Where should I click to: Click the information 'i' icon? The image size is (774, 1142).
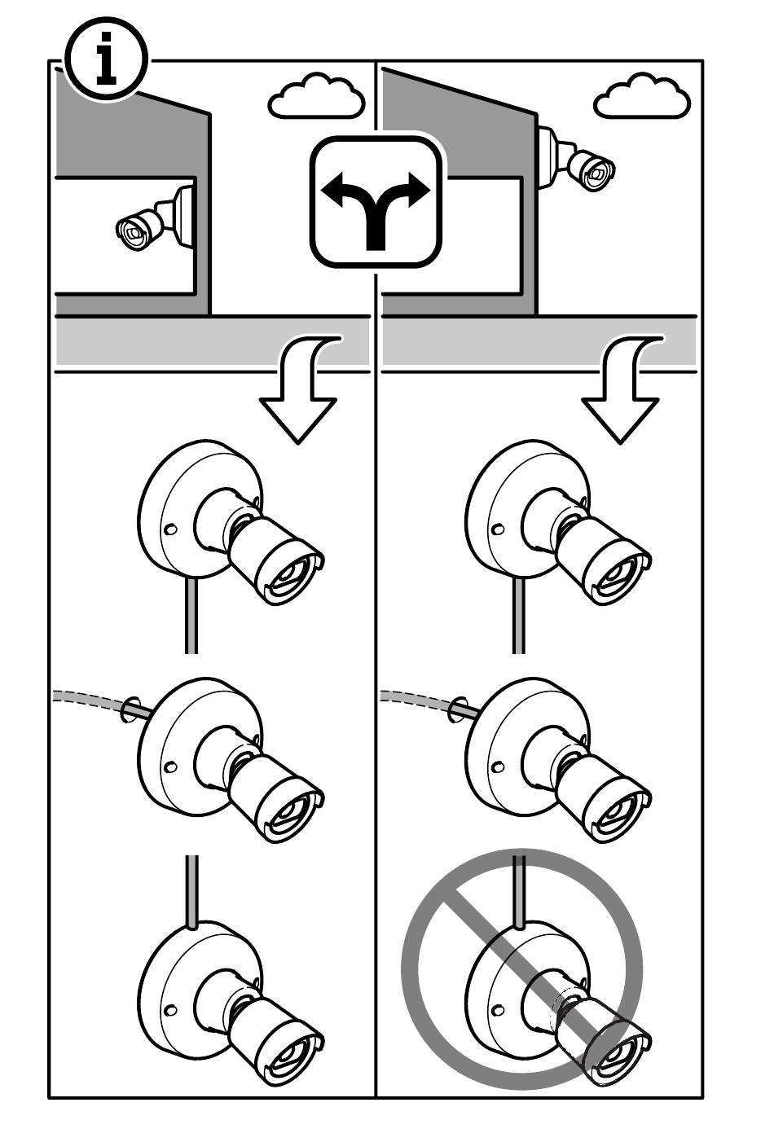[x=106, y=59]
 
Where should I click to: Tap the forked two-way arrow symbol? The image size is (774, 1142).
[x=376, y=203]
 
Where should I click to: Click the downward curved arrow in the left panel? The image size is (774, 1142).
[x=301, y=391]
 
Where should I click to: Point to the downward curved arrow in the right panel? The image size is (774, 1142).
[x=623, y=391]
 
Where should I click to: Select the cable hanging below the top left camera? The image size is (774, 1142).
[x=191, y=615]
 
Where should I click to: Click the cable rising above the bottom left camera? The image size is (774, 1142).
[x=191, y=889]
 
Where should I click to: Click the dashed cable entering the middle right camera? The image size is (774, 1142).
[x=416, y=699]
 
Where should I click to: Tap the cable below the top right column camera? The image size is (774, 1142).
[x=518, y=615]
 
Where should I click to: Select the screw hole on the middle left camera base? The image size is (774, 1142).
[x=170, y=766]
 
